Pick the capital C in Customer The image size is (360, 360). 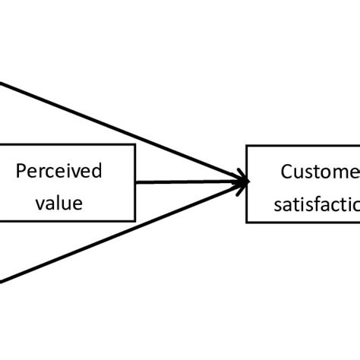pyautogui.click(x=286, y=172)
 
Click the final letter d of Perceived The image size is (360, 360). pyautogui.click(x=97, y=171)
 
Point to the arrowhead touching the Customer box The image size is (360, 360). pyautogui.click(x=242, y=182)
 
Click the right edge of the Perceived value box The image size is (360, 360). pyautogui.click(x=135, y=182)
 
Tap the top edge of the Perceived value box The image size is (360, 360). pyautogui.click(x=68, y=144)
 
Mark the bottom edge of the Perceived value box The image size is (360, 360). pyautogui.click(x=68, y=222)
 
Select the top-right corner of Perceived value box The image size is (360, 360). pyautogui.click(x=135, y=144)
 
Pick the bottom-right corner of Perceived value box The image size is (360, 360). pyautogui.click(x=135, y=222)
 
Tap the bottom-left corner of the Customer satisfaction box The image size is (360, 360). pyautogui.click(x=247, y=222)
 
